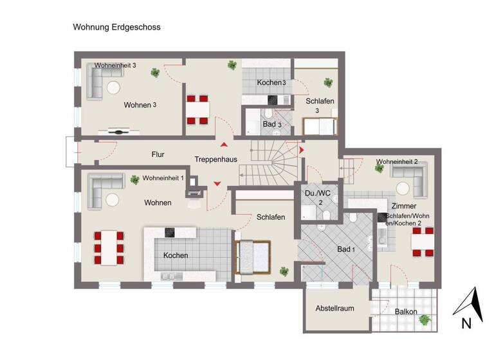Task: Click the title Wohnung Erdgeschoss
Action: (116, 28)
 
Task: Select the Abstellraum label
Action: (334, 309)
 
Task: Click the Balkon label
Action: (406, 312)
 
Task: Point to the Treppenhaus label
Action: (215, 159)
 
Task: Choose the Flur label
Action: (158, 155)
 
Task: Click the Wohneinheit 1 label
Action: (163, 178)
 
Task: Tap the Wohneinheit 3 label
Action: (120, 66)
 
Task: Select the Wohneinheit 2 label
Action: (398, 161)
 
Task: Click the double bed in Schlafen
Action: (255, 256)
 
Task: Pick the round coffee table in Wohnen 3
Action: (115, 87)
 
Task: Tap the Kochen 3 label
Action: (271, 83)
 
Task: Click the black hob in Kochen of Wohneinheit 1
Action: (170, 232)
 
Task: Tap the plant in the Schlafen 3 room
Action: (328, 82)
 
